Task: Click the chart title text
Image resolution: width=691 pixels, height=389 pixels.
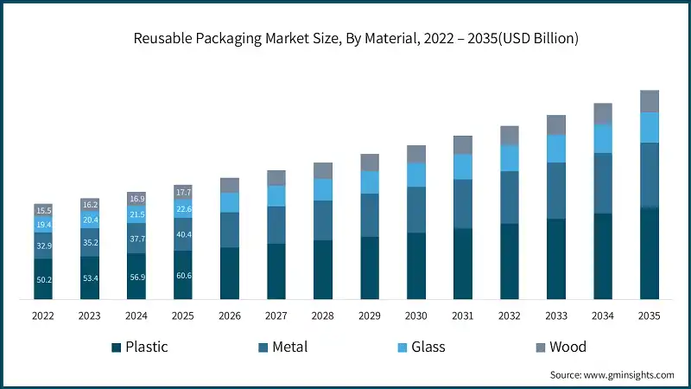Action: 345,39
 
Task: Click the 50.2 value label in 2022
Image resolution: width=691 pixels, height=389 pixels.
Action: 43,280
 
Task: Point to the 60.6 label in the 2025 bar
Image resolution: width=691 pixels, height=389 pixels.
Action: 183,276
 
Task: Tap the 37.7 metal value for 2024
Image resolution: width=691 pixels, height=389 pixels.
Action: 136,239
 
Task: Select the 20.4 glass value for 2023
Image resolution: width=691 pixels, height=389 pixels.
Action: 90,220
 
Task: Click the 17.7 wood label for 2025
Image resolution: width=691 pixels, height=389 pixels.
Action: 183,191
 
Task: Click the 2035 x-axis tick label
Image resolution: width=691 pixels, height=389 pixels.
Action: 649,316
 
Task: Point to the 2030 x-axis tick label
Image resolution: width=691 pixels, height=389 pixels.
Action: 415,316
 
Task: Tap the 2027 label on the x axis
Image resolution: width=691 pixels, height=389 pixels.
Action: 276,316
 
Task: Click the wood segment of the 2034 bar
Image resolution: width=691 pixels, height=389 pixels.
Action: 602,113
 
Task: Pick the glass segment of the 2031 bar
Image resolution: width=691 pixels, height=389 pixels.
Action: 462,167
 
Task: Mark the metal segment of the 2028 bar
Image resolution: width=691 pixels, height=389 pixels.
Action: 323,220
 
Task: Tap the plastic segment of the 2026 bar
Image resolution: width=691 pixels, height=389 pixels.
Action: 230,273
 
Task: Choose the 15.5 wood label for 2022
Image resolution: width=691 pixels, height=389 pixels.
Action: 43,210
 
